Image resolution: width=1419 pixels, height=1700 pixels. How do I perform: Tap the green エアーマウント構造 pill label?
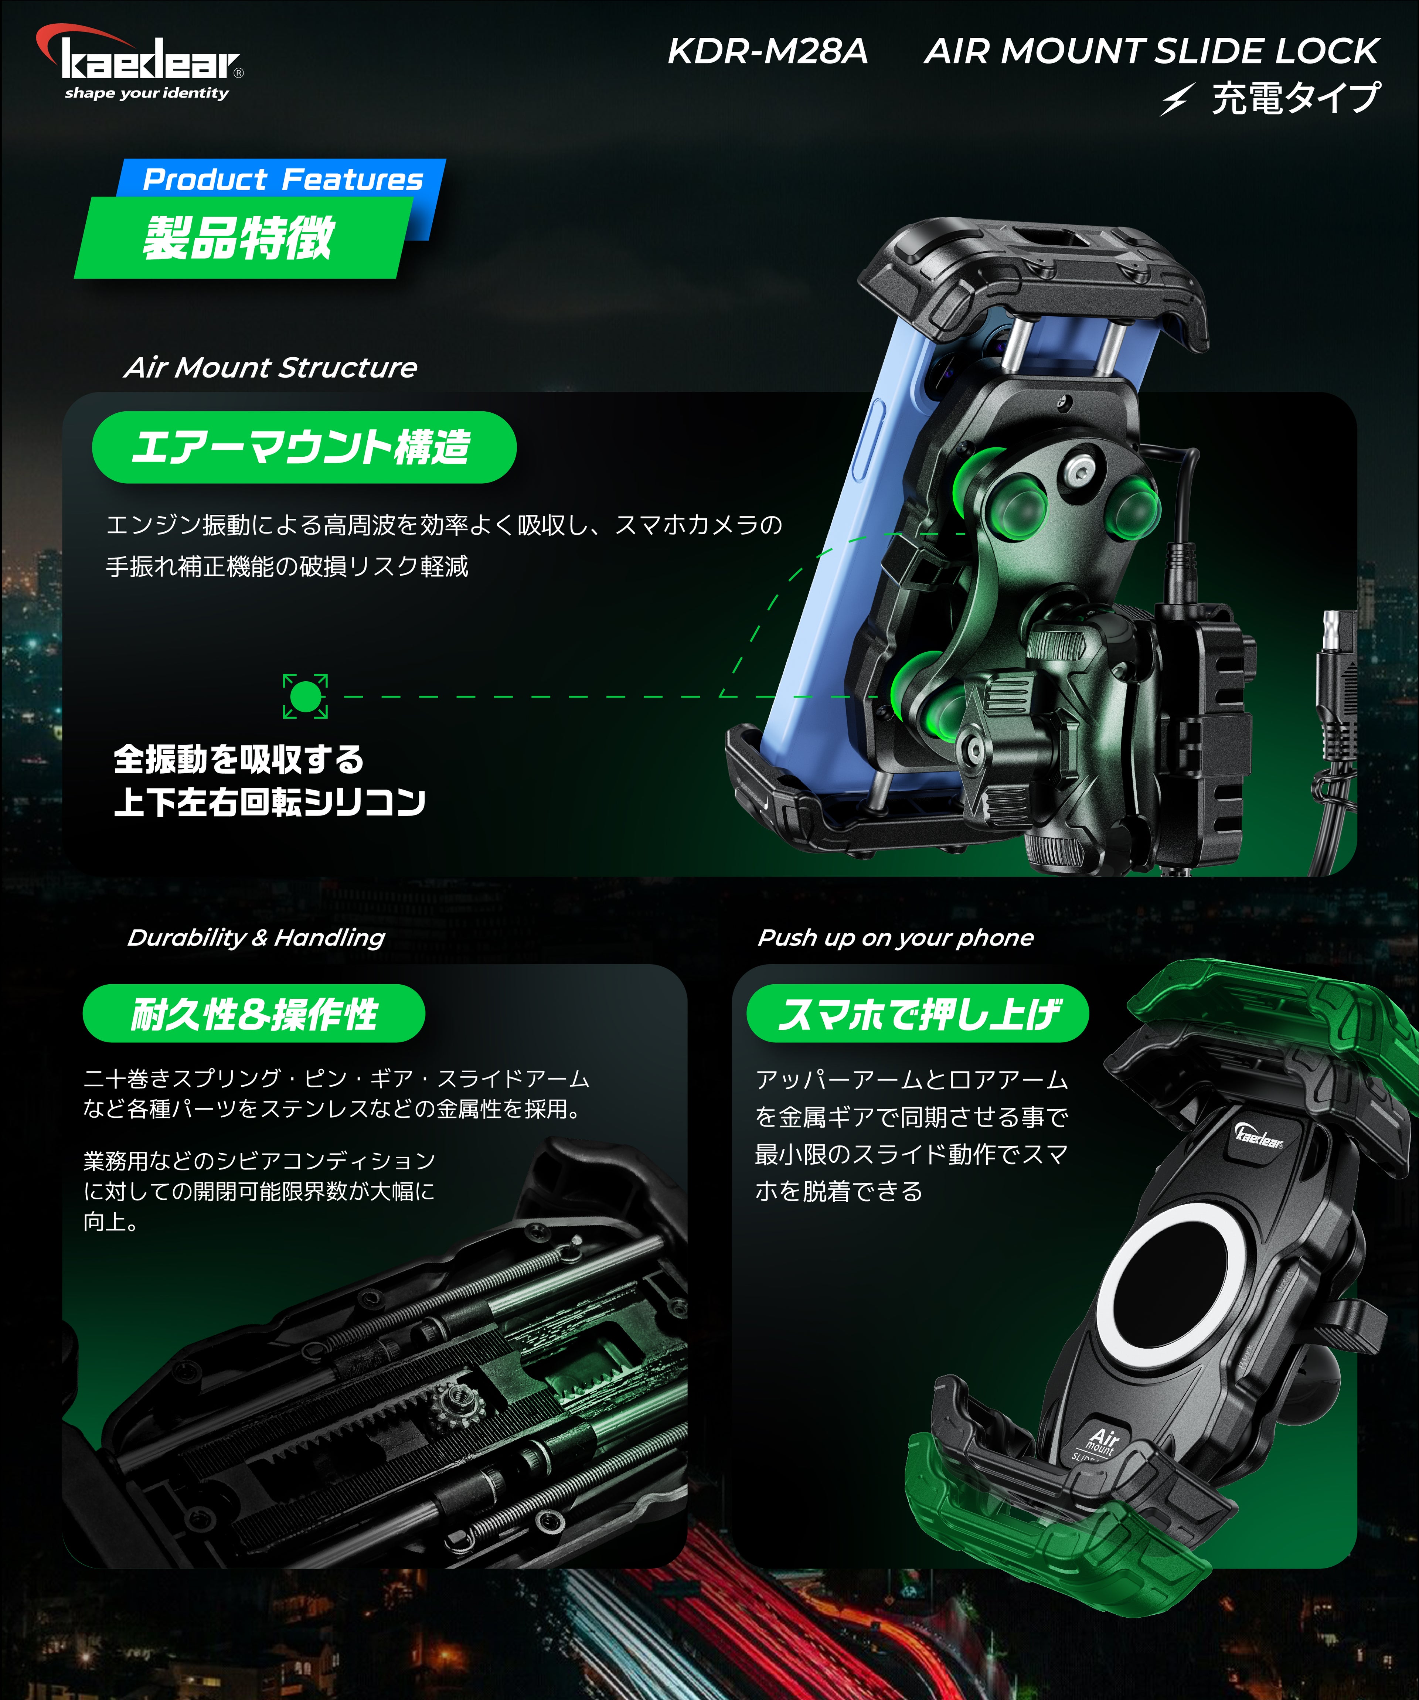(304, 447)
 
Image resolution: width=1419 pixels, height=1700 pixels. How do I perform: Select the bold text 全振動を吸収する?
(239, 759)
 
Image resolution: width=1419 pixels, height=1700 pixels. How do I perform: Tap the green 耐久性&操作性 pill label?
(254, 1013)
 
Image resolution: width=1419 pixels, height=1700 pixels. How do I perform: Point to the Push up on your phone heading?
(895, 937)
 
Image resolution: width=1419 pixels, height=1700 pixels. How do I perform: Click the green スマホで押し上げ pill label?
(918, 1013)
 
